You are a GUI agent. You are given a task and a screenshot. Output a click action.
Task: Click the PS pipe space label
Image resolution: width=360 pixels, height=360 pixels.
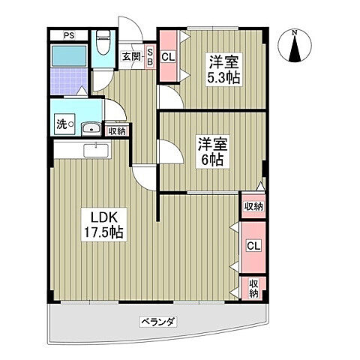tap(69, 35)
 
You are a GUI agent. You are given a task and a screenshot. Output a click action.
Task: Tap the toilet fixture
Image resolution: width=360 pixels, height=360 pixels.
tap(103, 43)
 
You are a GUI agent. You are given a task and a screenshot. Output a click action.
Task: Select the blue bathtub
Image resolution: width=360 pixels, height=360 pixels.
tap(69, 55)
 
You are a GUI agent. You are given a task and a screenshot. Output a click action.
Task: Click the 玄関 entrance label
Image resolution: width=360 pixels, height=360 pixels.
tap(131, 57)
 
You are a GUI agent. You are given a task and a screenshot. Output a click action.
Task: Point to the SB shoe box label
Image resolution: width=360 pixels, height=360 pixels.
tap(150, 57)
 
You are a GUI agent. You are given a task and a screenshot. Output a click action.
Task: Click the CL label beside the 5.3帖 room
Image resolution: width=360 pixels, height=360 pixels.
tap(168, 57)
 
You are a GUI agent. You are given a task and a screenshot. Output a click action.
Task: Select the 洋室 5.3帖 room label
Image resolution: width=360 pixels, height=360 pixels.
tap(223, 70)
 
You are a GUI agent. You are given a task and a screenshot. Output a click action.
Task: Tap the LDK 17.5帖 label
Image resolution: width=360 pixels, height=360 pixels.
tap(103, 225)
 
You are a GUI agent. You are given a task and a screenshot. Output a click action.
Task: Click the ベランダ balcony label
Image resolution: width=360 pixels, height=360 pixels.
tap(158, 321)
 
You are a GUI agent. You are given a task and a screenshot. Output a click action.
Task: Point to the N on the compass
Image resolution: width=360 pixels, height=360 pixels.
tap(295, 32)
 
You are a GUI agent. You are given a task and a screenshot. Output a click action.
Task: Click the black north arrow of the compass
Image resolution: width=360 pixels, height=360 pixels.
tap(295, 49)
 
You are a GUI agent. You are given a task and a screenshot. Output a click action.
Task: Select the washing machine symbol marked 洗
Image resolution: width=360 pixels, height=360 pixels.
tap(65, 124)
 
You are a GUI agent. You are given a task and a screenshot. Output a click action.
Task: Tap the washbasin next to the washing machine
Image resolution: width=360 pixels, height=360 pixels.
tap(91, 129)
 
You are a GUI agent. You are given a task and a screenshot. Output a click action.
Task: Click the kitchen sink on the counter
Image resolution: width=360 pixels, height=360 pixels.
tap(96, 151)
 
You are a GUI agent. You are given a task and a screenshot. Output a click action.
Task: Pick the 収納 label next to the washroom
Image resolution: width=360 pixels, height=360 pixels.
tap(117, 131)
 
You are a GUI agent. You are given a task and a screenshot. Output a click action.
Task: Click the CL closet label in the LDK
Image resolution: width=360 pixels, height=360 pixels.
tap(253, 246)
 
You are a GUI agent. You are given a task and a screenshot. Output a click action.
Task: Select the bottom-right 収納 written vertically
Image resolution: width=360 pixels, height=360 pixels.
tap(253, 288)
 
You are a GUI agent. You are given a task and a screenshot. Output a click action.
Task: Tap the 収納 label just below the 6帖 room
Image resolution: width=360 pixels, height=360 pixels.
tap(253, 206)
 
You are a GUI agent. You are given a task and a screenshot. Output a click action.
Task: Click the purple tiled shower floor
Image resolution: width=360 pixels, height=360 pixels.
tap(69, 81)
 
